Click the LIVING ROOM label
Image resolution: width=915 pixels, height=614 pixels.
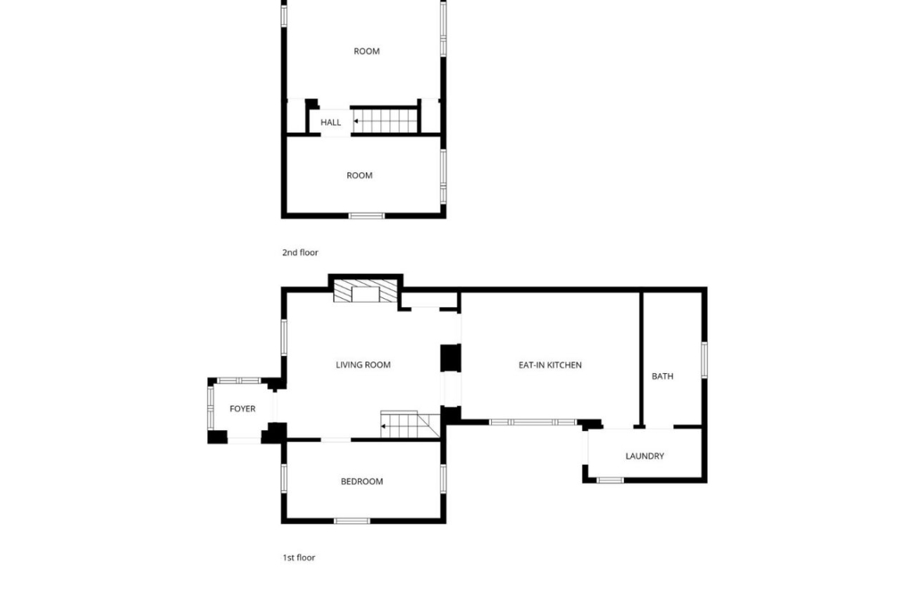click(x=363, y=364)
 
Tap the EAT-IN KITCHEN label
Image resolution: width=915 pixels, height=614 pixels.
click(x=550, y=364)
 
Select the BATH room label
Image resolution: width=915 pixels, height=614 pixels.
click(x=662, y=376)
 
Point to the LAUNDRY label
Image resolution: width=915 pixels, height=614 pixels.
click(x=645, y=456)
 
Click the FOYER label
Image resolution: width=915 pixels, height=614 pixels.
click(x=242, y=408)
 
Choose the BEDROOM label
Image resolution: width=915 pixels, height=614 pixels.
click(x=362, y=482)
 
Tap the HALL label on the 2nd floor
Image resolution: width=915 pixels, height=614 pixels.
click(x=330, y=123)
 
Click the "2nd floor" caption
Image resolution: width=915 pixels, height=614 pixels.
click(x=300, y=252)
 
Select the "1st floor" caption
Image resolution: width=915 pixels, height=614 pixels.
click(x=299, y=558)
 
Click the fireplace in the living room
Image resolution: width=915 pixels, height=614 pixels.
click(x=365, y=291)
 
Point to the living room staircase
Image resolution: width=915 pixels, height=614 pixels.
click(x=410, y=424)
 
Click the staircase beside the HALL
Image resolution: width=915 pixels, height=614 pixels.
click(x=385, y=121)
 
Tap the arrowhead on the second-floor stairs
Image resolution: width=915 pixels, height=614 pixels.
click(x=356, y=121)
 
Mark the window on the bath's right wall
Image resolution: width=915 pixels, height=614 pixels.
click(x=705, y=360)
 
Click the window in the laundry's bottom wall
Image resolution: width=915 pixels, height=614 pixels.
click(x=610, y=480)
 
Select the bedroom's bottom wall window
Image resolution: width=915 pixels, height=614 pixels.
click(x=352, y=521)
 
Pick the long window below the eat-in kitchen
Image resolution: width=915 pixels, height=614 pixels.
click(x=533, y=422)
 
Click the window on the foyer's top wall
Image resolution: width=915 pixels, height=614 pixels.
click(x=239, y=381)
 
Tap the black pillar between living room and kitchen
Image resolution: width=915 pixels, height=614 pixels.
click(x=450, y=357)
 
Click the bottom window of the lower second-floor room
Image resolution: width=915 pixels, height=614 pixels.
click(x=367, y=216)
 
